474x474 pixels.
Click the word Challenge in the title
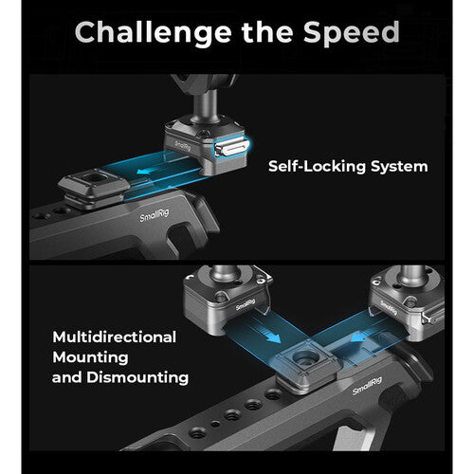(x=154, y=32)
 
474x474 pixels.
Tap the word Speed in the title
(x=352, y=32)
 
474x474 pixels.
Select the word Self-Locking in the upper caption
(x=317, y=166)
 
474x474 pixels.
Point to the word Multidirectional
(x=115, y=337)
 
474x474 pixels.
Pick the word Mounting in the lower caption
(x=90, y=357)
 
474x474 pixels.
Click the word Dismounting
(x=137, y=377)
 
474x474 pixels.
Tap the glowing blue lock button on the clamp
(x=231, y=148)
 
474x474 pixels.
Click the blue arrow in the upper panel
(x=148, y=172)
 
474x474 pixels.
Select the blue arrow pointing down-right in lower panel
(x=269, y=336)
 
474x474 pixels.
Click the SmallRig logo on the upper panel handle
(x=155, y=215)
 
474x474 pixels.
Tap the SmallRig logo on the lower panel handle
(x=367, y=386)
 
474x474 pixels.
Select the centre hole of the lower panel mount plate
(x=303, y=356)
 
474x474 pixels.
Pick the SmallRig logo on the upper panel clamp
(x=183, y=146)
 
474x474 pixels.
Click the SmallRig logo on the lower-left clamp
(x=246, y=304)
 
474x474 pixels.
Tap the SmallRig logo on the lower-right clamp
(x=389, y=307)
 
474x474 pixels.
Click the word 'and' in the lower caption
(x=66, y=377)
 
